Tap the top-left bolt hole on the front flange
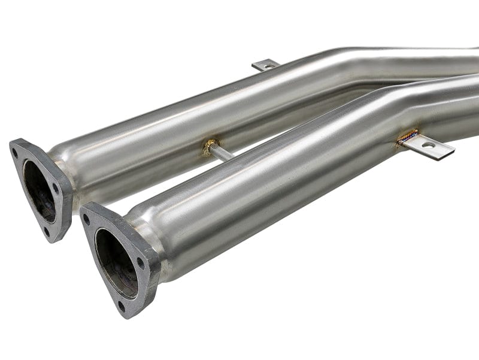87,219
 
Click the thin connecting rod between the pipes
222,153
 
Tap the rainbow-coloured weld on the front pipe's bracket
407,137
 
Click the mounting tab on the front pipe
428,147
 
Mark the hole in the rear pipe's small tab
267,63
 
